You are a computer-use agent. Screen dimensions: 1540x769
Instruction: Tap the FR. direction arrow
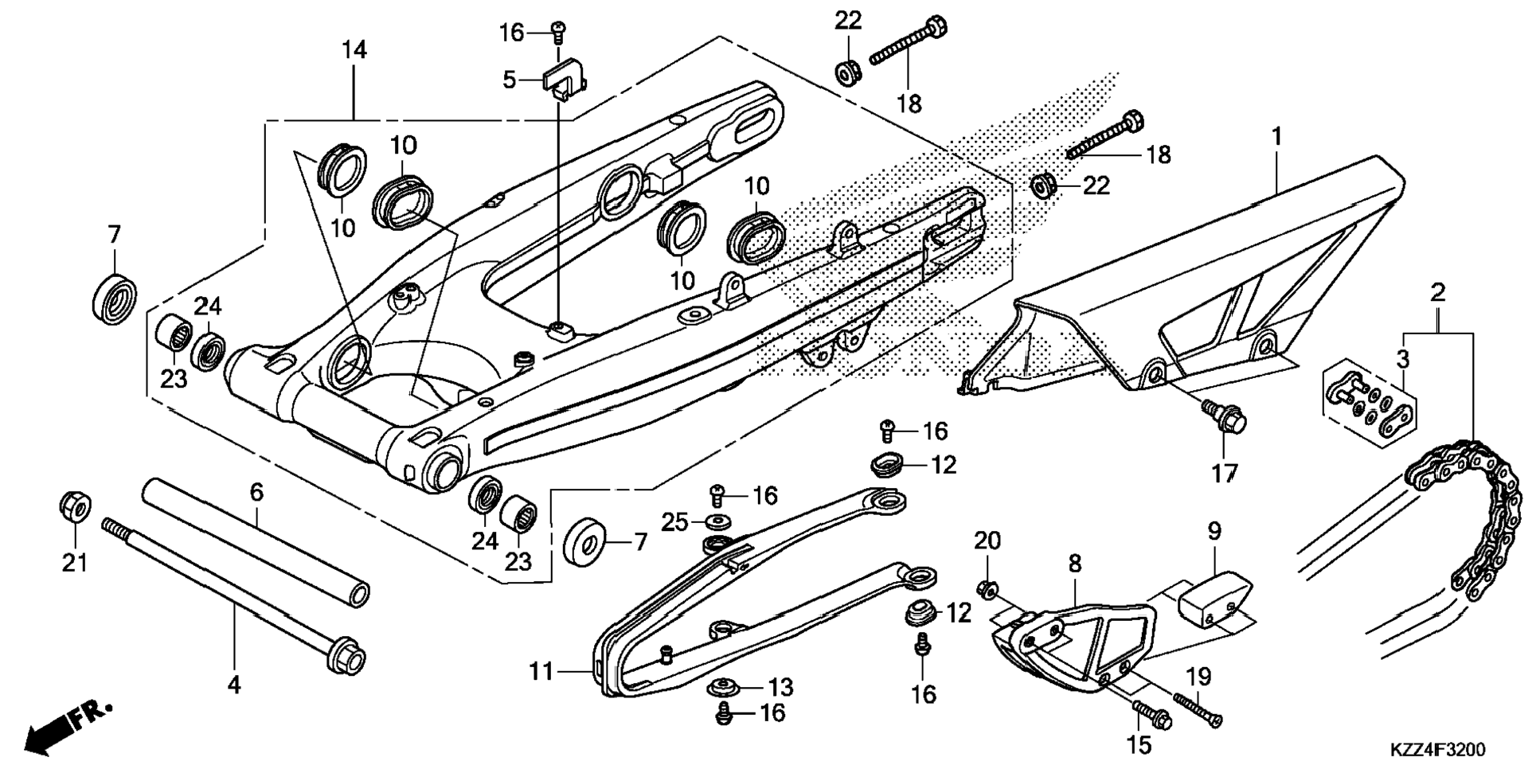68,726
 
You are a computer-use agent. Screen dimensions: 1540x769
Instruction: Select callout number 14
354,50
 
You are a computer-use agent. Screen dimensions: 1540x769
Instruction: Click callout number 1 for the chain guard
1276,137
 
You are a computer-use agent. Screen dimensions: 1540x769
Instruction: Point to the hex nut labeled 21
76,509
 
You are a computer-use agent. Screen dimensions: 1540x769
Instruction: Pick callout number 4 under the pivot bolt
234,684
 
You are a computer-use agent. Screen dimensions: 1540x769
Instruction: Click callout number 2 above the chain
1437,292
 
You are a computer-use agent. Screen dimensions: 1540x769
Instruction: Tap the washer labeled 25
720,521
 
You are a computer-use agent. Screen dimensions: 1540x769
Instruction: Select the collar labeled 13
725,686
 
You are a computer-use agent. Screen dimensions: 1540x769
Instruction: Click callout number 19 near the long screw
1199,677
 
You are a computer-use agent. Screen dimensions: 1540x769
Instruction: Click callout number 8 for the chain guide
1075,564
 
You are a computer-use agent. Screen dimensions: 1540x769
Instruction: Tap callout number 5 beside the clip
510,80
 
